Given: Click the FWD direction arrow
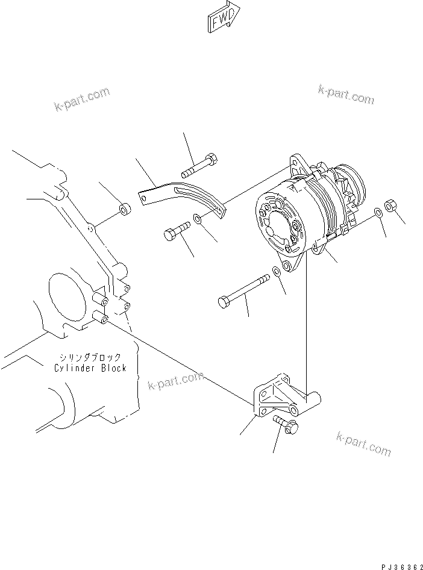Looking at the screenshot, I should pos(224,18).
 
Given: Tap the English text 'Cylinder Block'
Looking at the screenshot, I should pos(90,368).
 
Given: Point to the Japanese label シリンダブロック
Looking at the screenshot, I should pos(90,357).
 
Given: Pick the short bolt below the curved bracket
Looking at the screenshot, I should pos(175,231).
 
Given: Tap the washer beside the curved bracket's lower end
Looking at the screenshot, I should pos(198,219).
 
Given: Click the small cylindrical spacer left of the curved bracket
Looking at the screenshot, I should pos(125,210).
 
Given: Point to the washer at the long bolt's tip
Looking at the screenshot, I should pos(276,271).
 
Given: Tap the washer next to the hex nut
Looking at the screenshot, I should pos(377,212).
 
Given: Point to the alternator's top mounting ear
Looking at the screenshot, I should pos(296,161).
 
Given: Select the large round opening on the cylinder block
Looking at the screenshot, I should pos(64,300).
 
